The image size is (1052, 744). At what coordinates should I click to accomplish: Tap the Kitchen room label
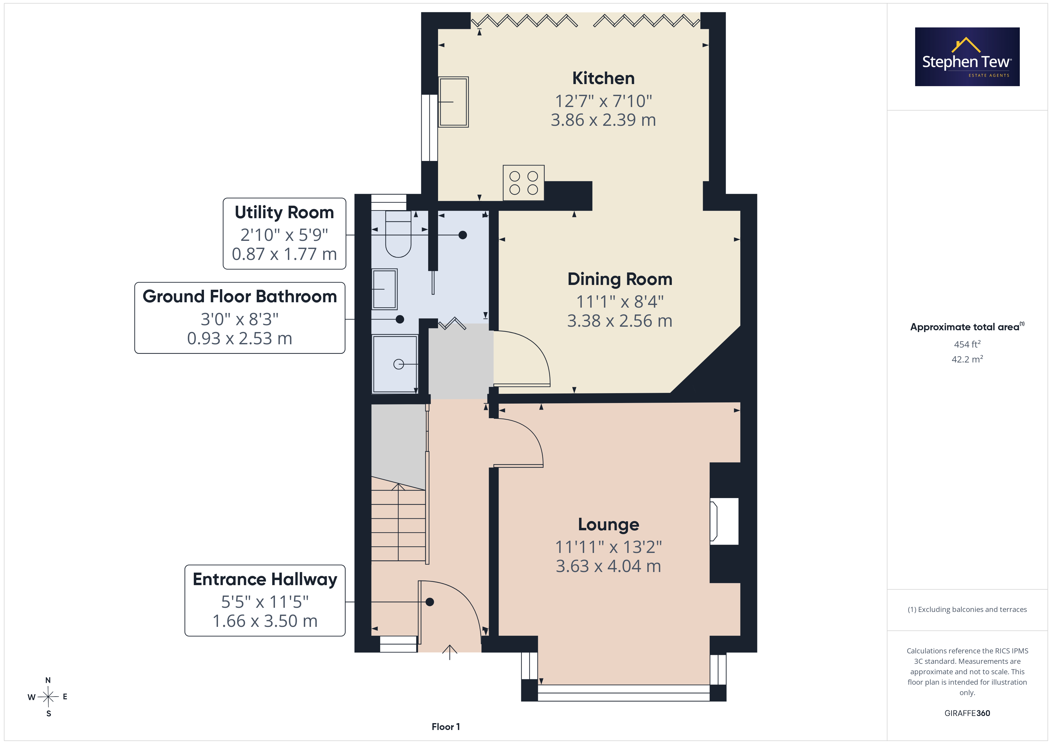pos(604,78)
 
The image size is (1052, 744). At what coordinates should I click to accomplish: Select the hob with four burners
pos(524,183)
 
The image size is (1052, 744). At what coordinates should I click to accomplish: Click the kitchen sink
pos(453,102)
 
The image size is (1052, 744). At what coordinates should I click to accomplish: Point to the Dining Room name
pos(620,279)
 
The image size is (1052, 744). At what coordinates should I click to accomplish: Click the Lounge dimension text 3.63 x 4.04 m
pos(609,566)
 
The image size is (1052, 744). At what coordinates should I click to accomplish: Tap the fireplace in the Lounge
pos(724,521)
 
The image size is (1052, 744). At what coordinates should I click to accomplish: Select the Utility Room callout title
pos(284,213)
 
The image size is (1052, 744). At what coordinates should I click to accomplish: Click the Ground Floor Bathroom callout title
pos(240,296)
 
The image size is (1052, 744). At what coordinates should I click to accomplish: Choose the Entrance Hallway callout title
pos(265,579)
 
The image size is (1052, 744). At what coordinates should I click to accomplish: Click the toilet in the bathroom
pos(398,234)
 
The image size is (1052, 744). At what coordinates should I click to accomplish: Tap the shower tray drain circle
pos(399,364)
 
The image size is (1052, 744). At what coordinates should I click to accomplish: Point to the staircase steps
pos(398,522)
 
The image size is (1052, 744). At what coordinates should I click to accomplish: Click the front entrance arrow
pos(449,652)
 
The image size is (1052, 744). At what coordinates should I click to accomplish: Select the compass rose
pos(48,697)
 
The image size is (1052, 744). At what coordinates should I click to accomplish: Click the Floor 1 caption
pos(446,727)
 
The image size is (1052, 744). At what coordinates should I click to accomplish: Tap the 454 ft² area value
pos(967,344)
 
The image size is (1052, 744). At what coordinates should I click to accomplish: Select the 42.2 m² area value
pos(967,359)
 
